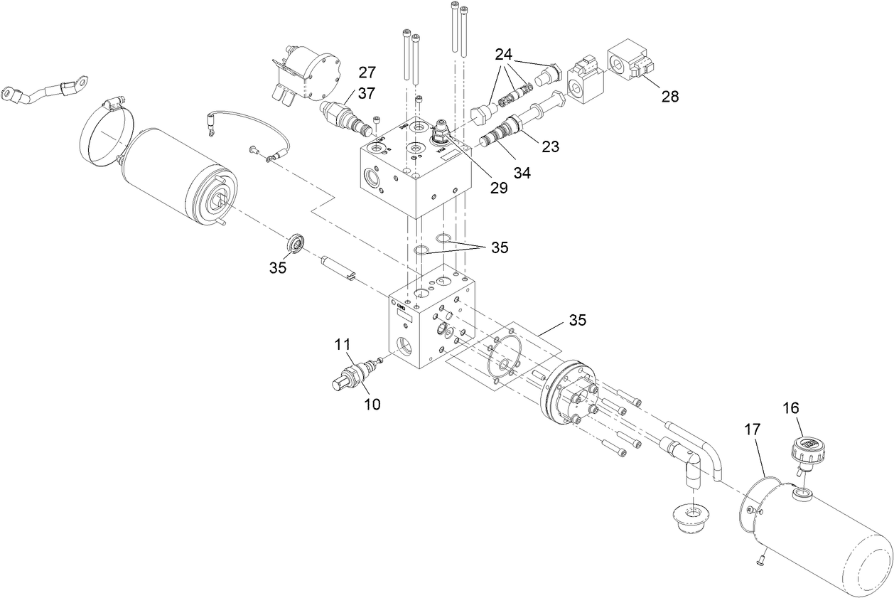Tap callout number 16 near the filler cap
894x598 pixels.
coord(791,407)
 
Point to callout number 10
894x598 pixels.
coord(372,404)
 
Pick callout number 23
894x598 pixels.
coord(550,148)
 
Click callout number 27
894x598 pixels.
coord(367,72)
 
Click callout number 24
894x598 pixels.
coord(504,53)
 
